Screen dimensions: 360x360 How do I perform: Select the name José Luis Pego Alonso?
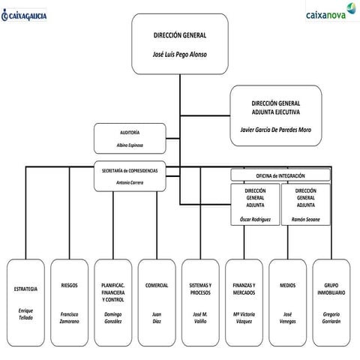(x=179, y=55)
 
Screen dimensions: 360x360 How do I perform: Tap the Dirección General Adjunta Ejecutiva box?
(x=275, y=114)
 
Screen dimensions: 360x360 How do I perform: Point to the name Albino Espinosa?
(x=129, y=145)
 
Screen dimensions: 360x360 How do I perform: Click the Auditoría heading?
(x=129, y=132)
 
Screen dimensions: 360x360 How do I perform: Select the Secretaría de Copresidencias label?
(x=130, y=170)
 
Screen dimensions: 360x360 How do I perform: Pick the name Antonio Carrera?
(x=130, y=181)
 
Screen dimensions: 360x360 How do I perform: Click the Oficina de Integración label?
(x=280, y=175)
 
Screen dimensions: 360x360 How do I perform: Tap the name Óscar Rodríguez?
(x=255, y=219)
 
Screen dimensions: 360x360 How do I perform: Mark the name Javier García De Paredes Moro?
(x=275, y=130)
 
